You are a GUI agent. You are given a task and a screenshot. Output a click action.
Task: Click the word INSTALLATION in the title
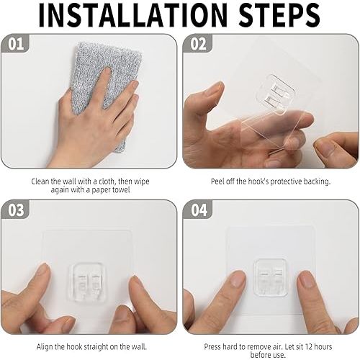(132, 14)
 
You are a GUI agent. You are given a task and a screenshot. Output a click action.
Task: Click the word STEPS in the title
(279, 14)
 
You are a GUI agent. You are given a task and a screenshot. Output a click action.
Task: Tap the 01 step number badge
(16, 44)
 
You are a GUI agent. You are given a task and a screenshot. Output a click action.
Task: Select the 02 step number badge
(198, 44)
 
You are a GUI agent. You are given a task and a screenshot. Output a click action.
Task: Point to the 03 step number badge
(16, 210)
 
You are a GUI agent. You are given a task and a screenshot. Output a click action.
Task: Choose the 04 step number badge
(199, 210)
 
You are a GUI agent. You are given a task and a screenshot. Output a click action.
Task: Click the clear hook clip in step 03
(88, 282)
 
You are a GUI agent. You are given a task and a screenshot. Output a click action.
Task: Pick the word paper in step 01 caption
(101, 190)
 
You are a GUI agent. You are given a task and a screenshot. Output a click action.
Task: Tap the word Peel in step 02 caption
(218, 181)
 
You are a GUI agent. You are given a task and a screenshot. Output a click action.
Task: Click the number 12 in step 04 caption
(306, 347)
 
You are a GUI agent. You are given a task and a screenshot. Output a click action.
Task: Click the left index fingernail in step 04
(238, 279)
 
